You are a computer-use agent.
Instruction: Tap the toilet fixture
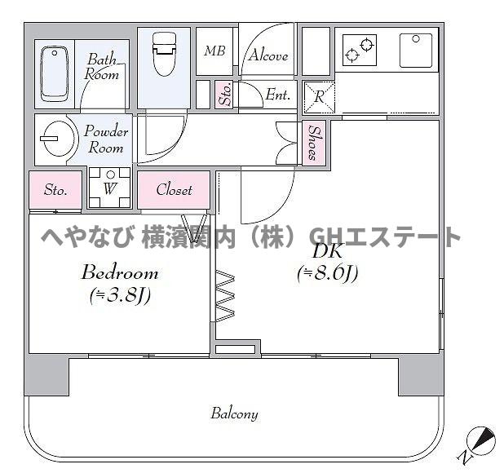[165, 55]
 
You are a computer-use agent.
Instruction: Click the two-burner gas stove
[359, 49]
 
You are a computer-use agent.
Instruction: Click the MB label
[214, 51]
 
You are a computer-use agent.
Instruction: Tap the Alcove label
[268, 55]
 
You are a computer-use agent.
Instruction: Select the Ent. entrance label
[278, 95]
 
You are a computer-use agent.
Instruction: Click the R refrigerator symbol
[317, 95]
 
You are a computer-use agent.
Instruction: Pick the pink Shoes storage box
[314, 144]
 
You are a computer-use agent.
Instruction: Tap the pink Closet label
[174, 190]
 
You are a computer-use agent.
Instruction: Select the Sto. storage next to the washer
[55, 191]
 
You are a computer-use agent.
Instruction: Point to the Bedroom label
[119, 272]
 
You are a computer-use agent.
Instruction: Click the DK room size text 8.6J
[328, 274]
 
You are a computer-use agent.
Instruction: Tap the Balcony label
[235, 413]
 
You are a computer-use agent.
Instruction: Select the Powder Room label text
[106, 139]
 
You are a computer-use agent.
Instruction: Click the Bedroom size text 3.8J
[119, 295]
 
